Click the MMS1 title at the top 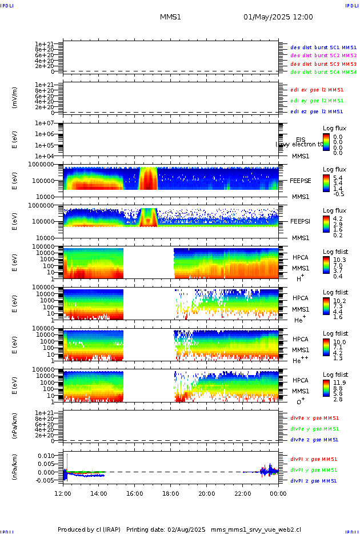coord(170,17)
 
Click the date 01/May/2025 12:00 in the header coord(278,17)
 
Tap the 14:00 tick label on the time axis coord(99,493)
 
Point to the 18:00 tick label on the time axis coord(171,493)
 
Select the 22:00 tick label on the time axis coord(243,493)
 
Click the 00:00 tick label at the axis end coord(278,493)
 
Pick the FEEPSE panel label coord(300,180)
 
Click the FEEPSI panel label coord(300,221)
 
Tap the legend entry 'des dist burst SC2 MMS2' coord(323,55)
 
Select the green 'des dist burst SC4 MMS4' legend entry coord(323,72)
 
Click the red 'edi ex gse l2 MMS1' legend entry coord(317,90)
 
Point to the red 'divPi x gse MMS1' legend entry coord(314,459)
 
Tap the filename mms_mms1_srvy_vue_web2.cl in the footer coord(256,530)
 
